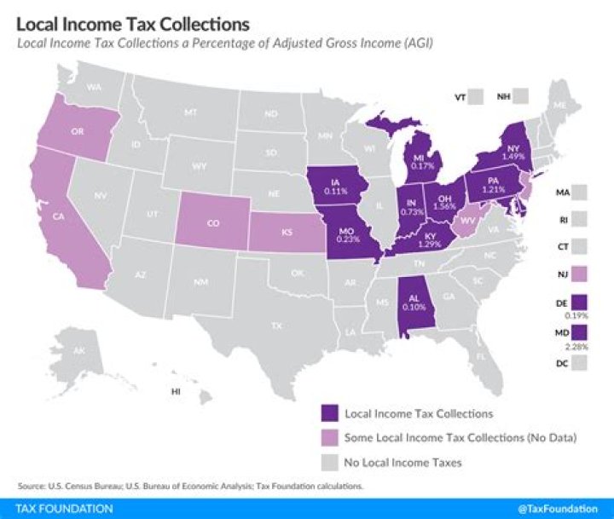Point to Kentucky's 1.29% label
coord(429,244)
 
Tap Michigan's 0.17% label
coord(422,166)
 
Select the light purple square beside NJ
coord(582,274)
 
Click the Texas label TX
coord(276,325)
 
